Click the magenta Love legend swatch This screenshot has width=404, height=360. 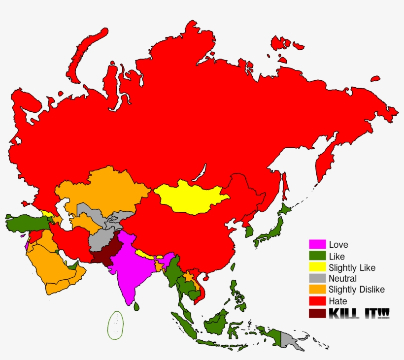click(x=317, y=244)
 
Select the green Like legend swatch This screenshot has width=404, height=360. click(x=317, y=256)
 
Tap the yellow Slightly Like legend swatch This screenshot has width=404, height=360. click(x=317, y=267)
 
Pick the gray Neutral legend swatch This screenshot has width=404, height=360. click(x=317, y=278)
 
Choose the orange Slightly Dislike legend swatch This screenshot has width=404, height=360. click(x=317, y=290)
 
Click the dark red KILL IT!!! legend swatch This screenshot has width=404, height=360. click(x=317, y=313)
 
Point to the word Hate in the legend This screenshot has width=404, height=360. click(x=338, y=301)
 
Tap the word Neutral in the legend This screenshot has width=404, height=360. click(x=342, y=279)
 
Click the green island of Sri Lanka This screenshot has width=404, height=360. click(x=136, y=307)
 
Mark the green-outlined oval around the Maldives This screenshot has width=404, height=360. click(x=116, y=326)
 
